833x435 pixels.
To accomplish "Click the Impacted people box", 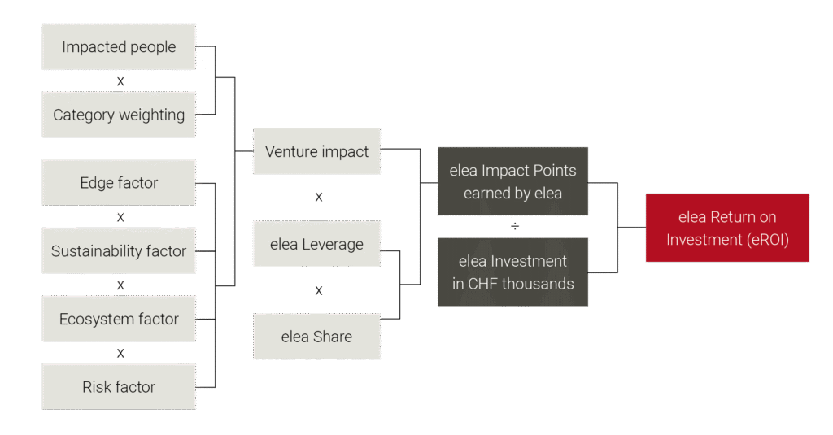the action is [x=119, y=46].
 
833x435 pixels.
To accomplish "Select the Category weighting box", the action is [x=119, y=115].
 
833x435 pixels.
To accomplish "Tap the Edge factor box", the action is [x=119, y=183].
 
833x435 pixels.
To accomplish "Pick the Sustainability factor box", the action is [x=119, y=250].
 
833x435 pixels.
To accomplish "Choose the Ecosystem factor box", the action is [x=119, y=319].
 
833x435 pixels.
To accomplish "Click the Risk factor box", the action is [x=119, y=387].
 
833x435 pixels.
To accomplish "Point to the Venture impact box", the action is [x=316, y=151].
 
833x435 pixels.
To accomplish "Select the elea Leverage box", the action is [x=316, y=244].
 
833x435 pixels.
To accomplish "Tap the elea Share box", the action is [x=316, y=336].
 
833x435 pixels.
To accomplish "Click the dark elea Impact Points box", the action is [x=512, y=181].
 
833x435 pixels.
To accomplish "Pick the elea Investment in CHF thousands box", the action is [x=512, y=272].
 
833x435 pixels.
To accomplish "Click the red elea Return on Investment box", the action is [x=727, y=228].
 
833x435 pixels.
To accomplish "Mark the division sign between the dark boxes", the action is [x=515, y=226].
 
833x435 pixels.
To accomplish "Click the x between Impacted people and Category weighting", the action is [x=120, y=81].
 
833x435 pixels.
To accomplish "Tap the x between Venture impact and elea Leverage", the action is [x=319, y=197].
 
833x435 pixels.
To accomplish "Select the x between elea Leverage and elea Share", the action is [x=319, y=290].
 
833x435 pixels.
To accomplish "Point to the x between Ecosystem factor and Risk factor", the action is [x=120, y=353].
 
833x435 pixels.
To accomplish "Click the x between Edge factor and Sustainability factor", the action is [x=120, y=217].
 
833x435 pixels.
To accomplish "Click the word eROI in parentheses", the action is [x=767, y=240].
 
